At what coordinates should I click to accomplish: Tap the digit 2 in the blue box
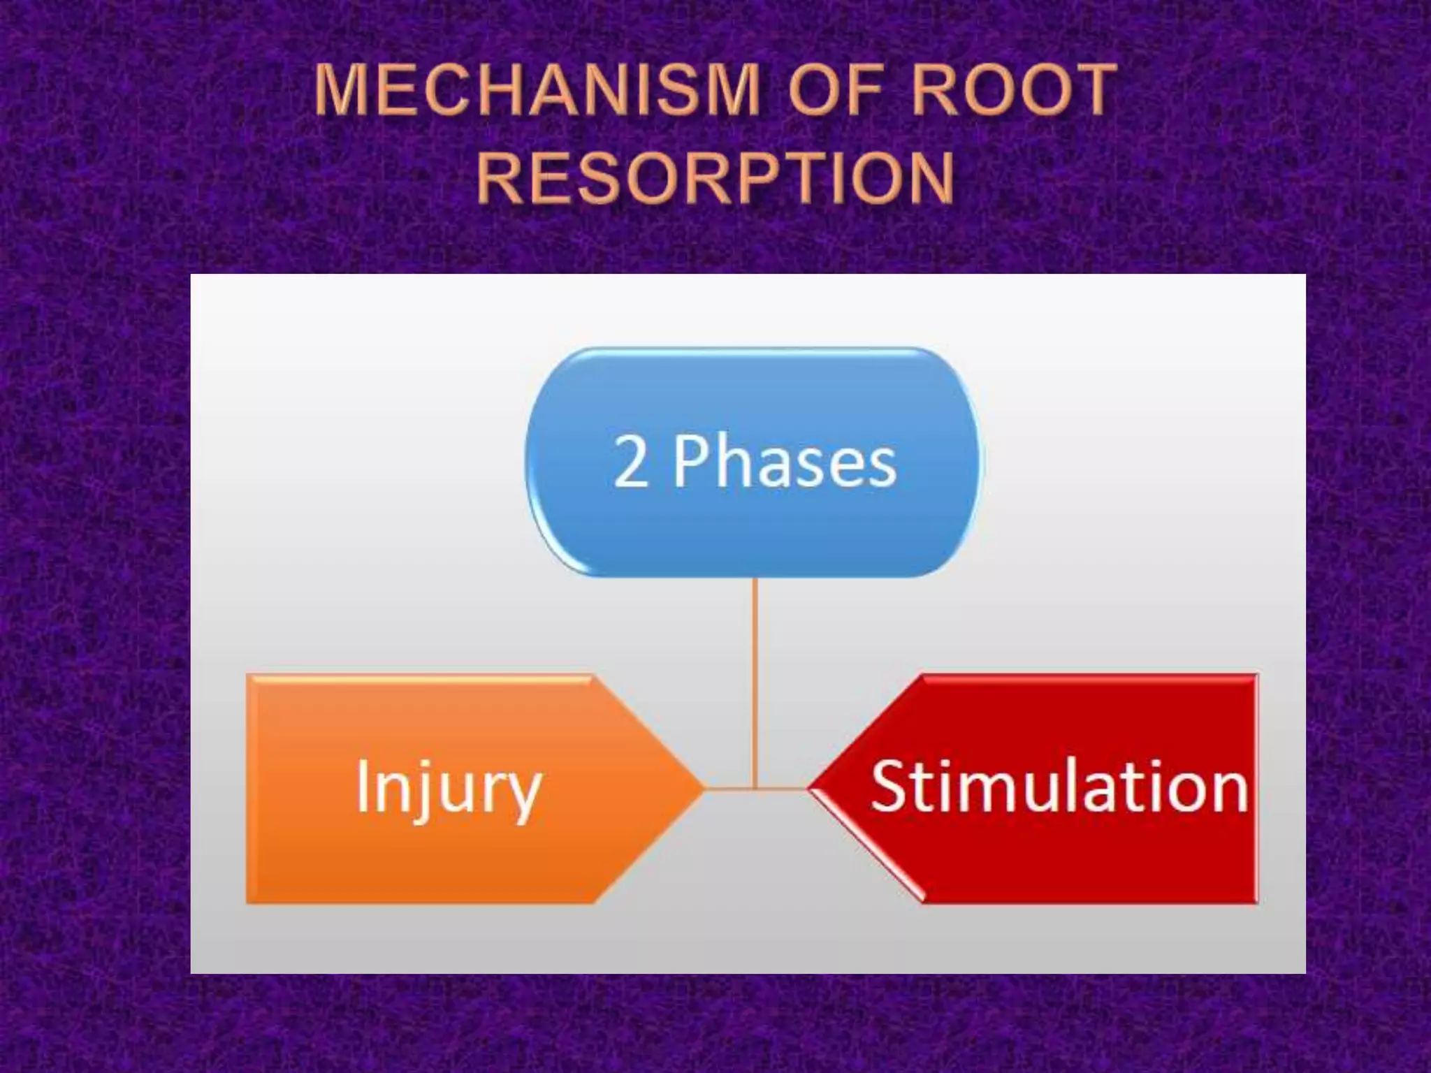630,462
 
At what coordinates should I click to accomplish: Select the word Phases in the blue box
785,462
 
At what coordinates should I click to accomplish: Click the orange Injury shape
433,859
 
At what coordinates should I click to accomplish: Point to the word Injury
449,789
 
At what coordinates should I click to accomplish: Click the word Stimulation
1059,788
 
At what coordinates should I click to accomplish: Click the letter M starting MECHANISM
342,89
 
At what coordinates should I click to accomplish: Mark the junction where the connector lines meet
755,789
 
